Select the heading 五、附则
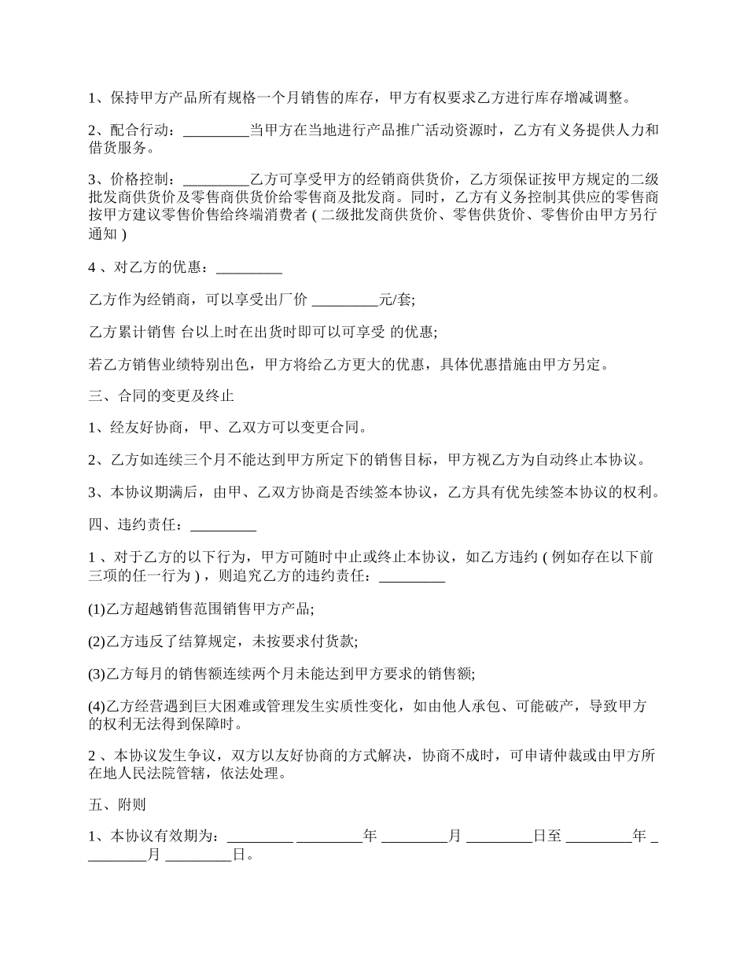(x=116, y=805)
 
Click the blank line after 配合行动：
(x=215, y=131)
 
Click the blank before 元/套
(x=345, y=300)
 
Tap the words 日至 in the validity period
(x=548, y=836)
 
